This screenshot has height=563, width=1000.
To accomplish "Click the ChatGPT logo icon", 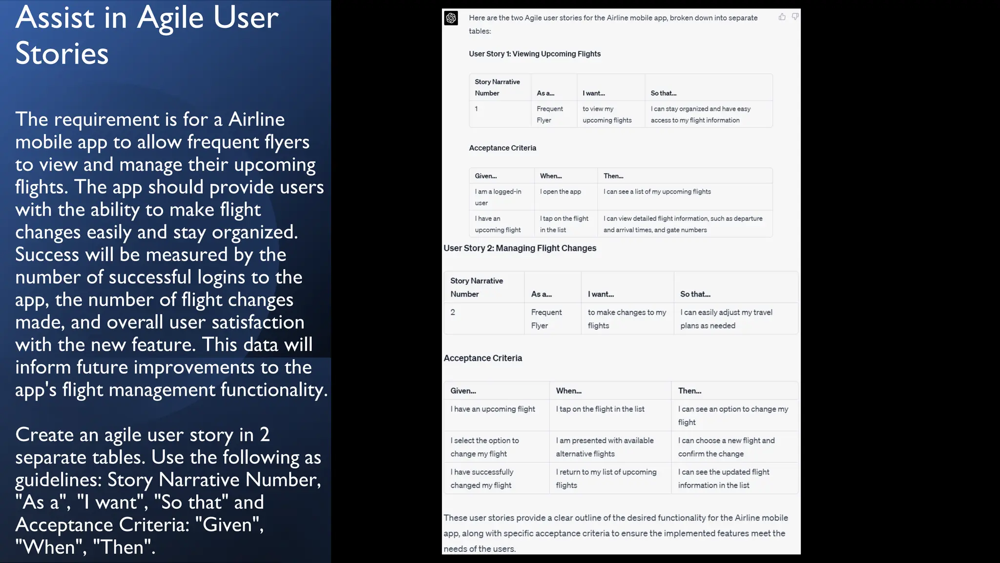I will coord(451,19).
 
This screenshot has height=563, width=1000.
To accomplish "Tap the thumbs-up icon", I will coord(782,17).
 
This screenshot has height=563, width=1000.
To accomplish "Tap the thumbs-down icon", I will coord(795,17).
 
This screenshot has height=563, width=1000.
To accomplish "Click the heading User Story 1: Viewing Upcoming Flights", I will coord(534,54).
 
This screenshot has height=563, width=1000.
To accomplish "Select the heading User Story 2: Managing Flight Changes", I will coord(520,248).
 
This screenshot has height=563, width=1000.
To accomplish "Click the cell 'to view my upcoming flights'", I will coord(606,114).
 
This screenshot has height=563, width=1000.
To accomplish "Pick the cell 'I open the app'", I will coord(560,192).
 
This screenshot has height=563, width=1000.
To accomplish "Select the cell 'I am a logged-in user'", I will coord(498,197).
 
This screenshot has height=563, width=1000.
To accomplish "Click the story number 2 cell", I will coord(453,312).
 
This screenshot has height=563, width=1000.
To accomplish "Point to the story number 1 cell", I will coord(476,109).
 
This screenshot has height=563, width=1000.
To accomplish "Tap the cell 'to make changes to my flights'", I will coord(626,319).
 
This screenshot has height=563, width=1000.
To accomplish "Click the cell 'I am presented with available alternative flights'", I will coord(604,447).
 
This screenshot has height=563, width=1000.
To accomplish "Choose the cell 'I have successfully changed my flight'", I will coord(481,478).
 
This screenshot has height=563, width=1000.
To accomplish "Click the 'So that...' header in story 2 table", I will coord(695,294).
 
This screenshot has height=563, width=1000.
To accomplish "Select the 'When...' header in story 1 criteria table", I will coord(551,176).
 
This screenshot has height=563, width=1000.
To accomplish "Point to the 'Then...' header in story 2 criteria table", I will coord(689,391).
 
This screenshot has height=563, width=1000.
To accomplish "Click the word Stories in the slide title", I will coord(62,53).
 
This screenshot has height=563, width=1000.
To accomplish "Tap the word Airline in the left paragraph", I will coord(256,119).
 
